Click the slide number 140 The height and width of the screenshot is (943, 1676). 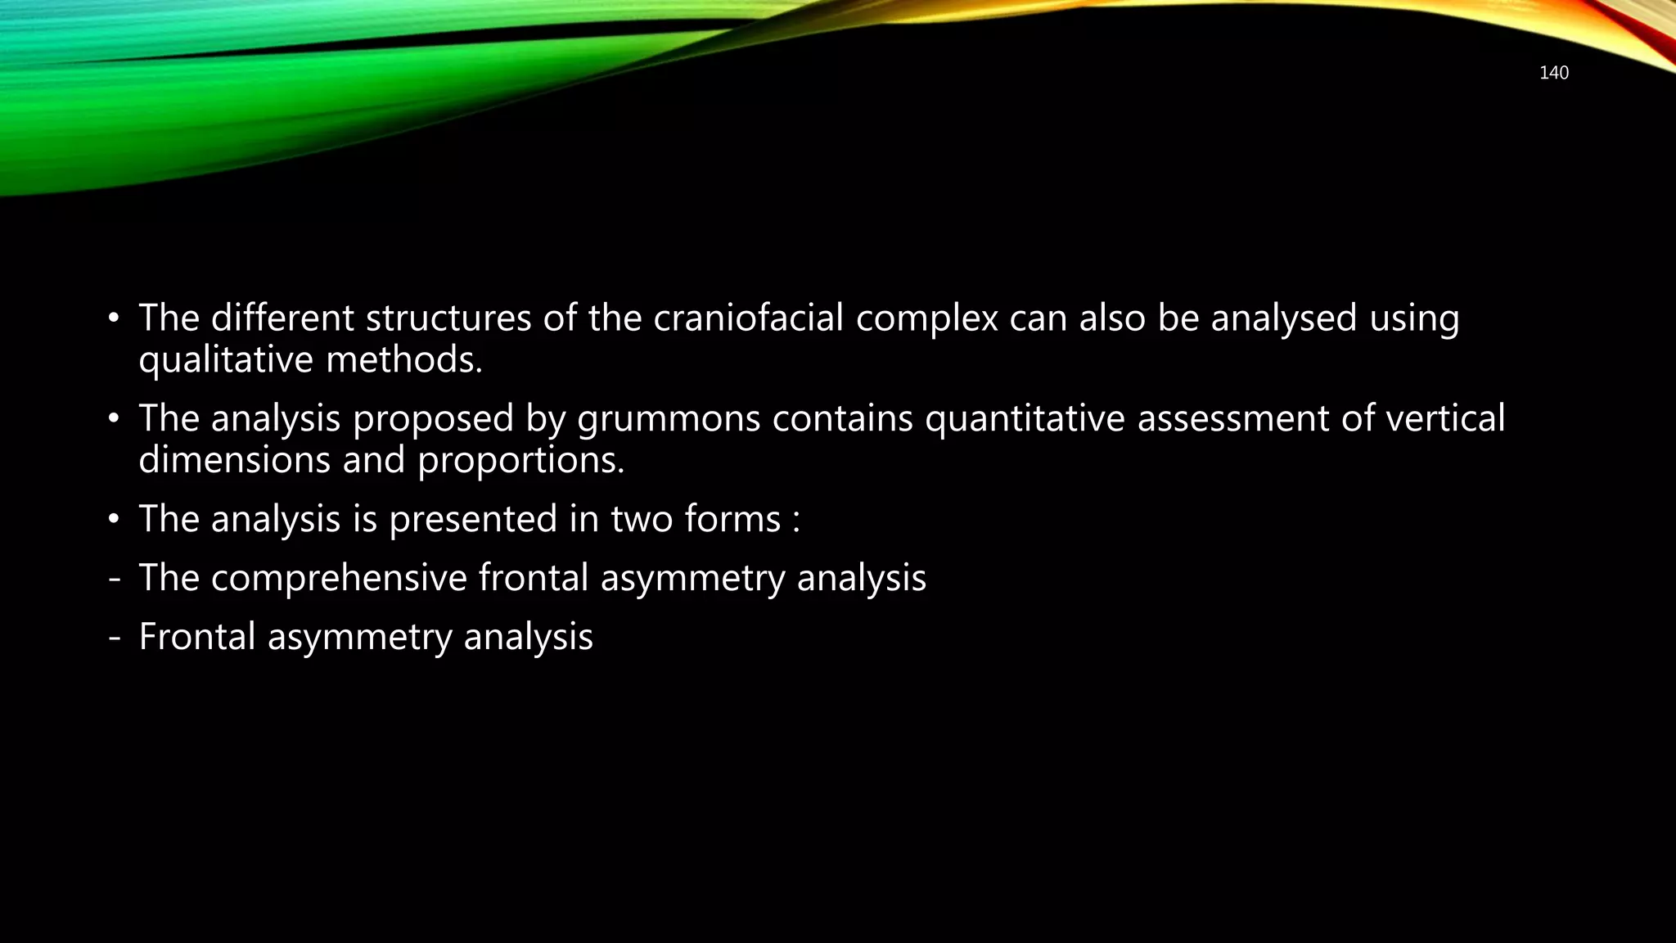click(1553, 73)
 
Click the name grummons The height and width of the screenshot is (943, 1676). click(669, 418)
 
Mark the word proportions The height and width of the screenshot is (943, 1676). click(520, 461)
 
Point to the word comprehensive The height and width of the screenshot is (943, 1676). click(338, 578)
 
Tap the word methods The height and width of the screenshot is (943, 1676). click(403, 360)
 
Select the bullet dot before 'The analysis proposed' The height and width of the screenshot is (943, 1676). click(114, 419)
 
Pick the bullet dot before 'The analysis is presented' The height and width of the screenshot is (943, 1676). click(114, 520)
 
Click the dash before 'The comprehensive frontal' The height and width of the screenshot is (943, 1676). click(114, 579)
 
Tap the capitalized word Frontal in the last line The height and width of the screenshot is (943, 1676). click(197, 637)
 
